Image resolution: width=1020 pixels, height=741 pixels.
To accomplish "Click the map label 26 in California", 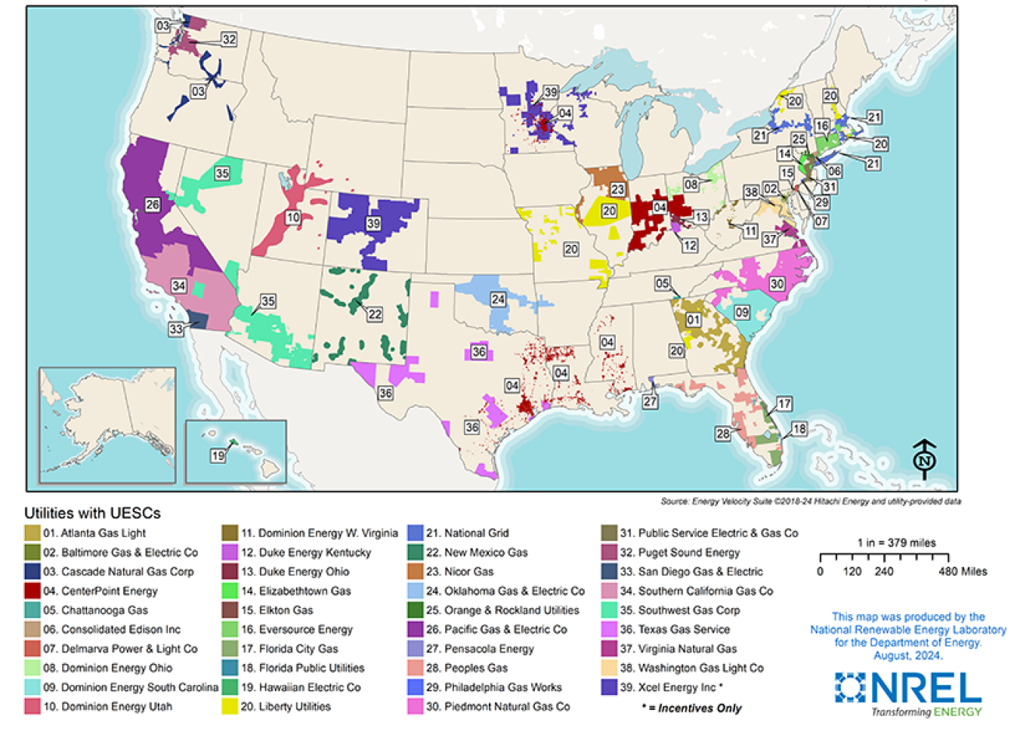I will (153, 205).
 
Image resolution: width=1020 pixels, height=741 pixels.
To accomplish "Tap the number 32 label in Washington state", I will (228, 39).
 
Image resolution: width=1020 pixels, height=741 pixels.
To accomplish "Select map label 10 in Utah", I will (292, 218).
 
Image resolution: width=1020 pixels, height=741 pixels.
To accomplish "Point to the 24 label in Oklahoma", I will (498, 299).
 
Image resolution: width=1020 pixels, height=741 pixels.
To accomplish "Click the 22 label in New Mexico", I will (374, 314).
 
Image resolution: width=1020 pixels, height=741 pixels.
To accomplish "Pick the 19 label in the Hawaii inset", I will (218, 455).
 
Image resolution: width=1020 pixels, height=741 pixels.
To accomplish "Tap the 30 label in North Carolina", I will (777, 284).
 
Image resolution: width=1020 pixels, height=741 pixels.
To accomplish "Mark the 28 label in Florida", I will (723, 434).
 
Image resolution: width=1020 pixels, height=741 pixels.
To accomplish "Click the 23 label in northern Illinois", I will (618, 190).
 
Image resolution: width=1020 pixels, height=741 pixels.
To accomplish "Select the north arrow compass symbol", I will (924, 459).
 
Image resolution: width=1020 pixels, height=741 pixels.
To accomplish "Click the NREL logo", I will (908, 693).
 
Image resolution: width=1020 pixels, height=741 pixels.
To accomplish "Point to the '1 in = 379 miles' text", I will (896, 543).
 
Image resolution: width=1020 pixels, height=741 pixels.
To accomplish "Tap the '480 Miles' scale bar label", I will (963, 572).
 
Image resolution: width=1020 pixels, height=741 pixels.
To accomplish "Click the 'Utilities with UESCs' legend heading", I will (92, 514).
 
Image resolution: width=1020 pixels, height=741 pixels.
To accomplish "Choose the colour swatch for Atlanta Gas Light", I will (32, 533).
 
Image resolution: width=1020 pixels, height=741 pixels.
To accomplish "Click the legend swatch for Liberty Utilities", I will (230, 707).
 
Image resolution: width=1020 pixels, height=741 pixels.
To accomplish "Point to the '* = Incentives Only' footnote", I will (691, 709).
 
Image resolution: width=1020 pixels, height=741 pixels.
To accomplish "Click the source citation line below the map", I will (810, 501).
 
